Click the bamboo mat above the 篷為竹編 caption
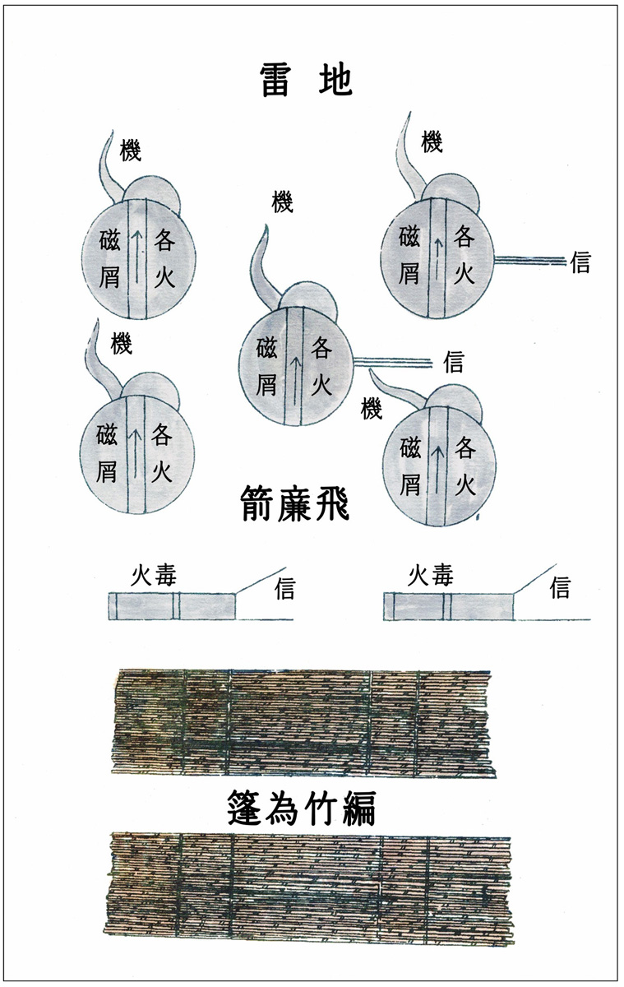click(x=303, y=721)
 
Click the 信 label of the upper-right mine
click(x=580, y=263)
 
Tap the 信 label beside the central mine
click(x=453, y=361)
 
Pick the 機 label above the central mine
click(x=282, y=202)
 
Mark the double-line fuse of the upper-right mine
click(x=530, y=260)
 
